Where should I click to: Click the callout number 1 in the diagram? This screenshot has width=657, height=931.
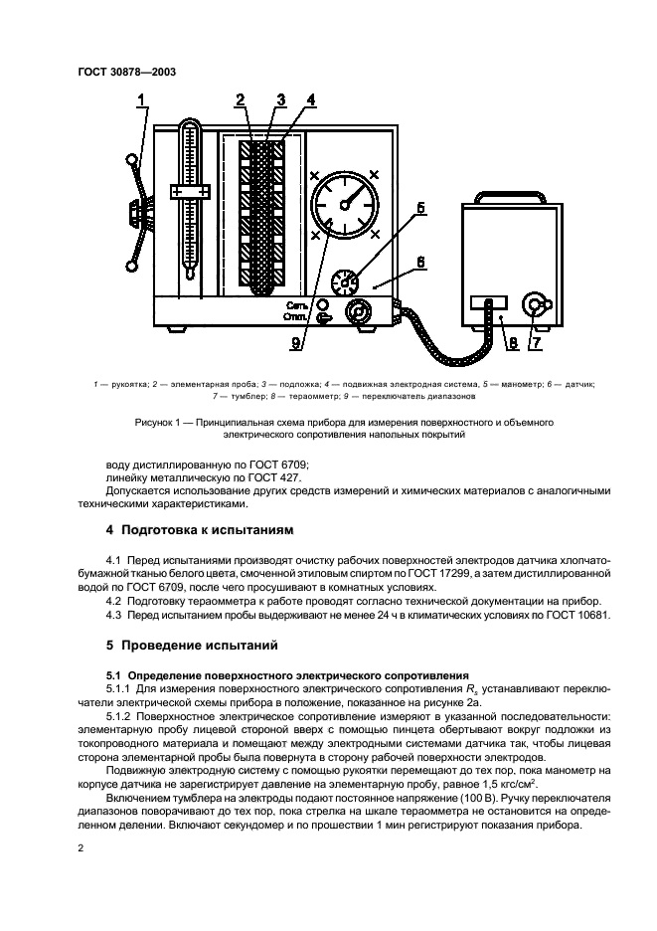[142, 98]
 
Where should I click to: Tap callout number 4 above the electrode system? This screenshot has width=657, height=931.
[311, 99]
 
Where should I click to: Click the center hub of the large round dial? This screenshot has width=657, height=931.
[344, 203]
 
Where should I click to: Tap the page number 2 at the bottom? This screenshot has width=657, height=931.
[81, 848]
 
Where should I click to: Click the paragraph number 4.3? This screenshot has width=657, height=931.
[116, 615]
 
